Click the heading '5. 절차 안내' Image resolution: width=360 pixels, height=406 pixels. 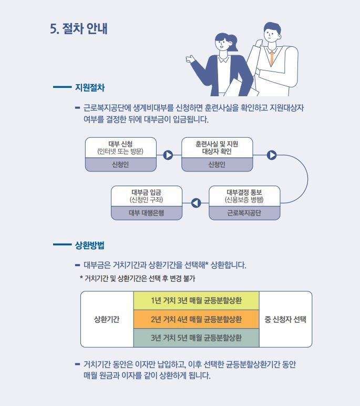pos(79,28)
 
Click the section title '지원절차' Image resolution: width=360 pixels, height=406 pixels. pos(90,87)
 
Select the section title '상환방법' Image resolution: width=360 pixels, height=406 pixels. pos(90,245)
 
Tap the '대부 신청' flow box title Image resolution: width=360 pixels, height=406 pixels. pos(120,144)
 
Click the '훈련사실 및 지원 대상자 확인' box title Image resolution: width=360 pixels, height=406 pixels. pos(217,148)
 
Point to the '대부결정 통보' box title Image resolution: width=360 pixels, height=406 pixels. pos(244,192)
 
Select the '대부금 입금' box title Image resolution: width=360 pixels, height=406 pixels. pos(147,192)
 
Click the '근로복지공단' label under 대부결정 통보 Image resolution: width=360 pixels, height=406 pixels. pos(244,213)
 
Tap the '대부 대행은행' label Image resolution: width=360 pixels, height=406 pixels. pos(147,213)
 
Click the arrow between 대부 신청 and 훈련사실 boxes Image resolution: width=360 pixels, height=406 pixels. pos(168,155)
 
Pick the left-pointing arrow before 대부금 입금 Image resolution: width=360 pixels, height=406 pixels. pos(196,203)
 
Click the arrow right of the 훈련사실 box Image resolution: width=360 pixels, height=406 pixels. pos(272,155)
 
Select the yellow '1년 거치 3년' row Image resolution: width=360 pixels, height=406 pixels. pos(196,301)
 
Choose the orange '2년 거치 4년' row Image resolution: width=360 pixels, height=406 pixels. pos(196,319)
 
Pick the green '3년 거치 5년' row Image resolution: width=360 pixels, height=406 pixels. pos(196,338)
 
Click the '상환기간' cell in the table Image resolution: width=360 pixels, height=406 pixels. pos(107,319)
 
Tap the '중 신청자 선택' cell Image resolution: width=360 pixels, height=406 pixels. pos(285,319)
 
